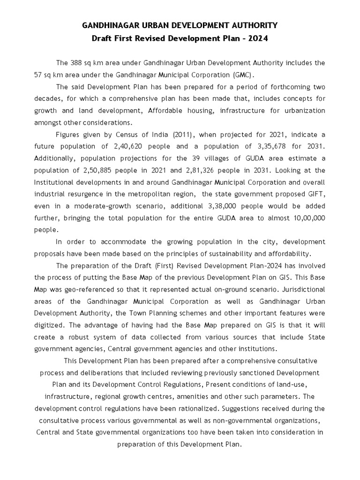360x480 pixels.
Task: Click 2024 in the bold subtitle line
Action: (258, 39)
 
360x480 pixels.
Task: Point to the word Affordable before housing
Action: (167, 111)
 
